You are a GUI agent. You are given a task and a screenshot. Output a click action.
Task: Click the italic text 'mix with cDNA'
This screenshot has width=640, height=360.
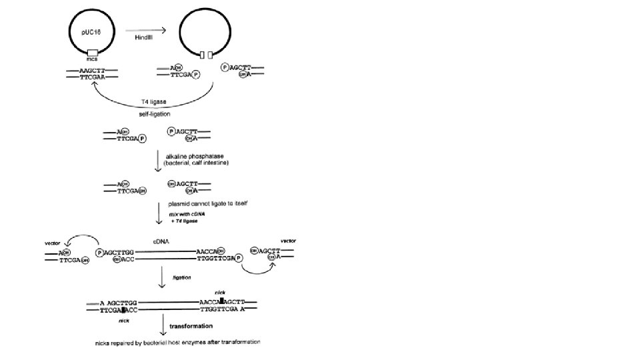(x=188, y=213)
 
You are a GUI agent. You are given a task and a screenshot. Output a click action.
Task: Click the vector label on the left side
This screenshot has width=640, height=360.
(x=54, y=244)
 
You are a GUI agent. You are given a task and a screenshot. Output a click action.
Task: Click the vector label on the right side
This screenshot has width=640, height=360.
(x=289, y=241)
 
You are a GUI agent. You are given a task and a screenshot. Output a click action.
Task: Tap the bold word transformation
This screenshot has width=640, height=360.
(x=191, y=327)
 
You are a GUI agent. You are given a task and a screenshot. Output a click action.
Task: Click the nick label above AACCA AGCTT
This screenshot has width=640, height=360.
(x=220, y=291)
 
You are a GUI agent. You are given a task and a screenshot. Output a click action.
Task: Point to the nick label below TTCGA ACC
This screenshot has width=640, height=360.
(x=124, y=321)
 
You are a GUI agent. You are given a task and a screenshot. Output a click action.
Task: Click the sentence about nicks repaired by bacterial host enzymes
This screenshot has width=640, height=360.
(x=177, y=343)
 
